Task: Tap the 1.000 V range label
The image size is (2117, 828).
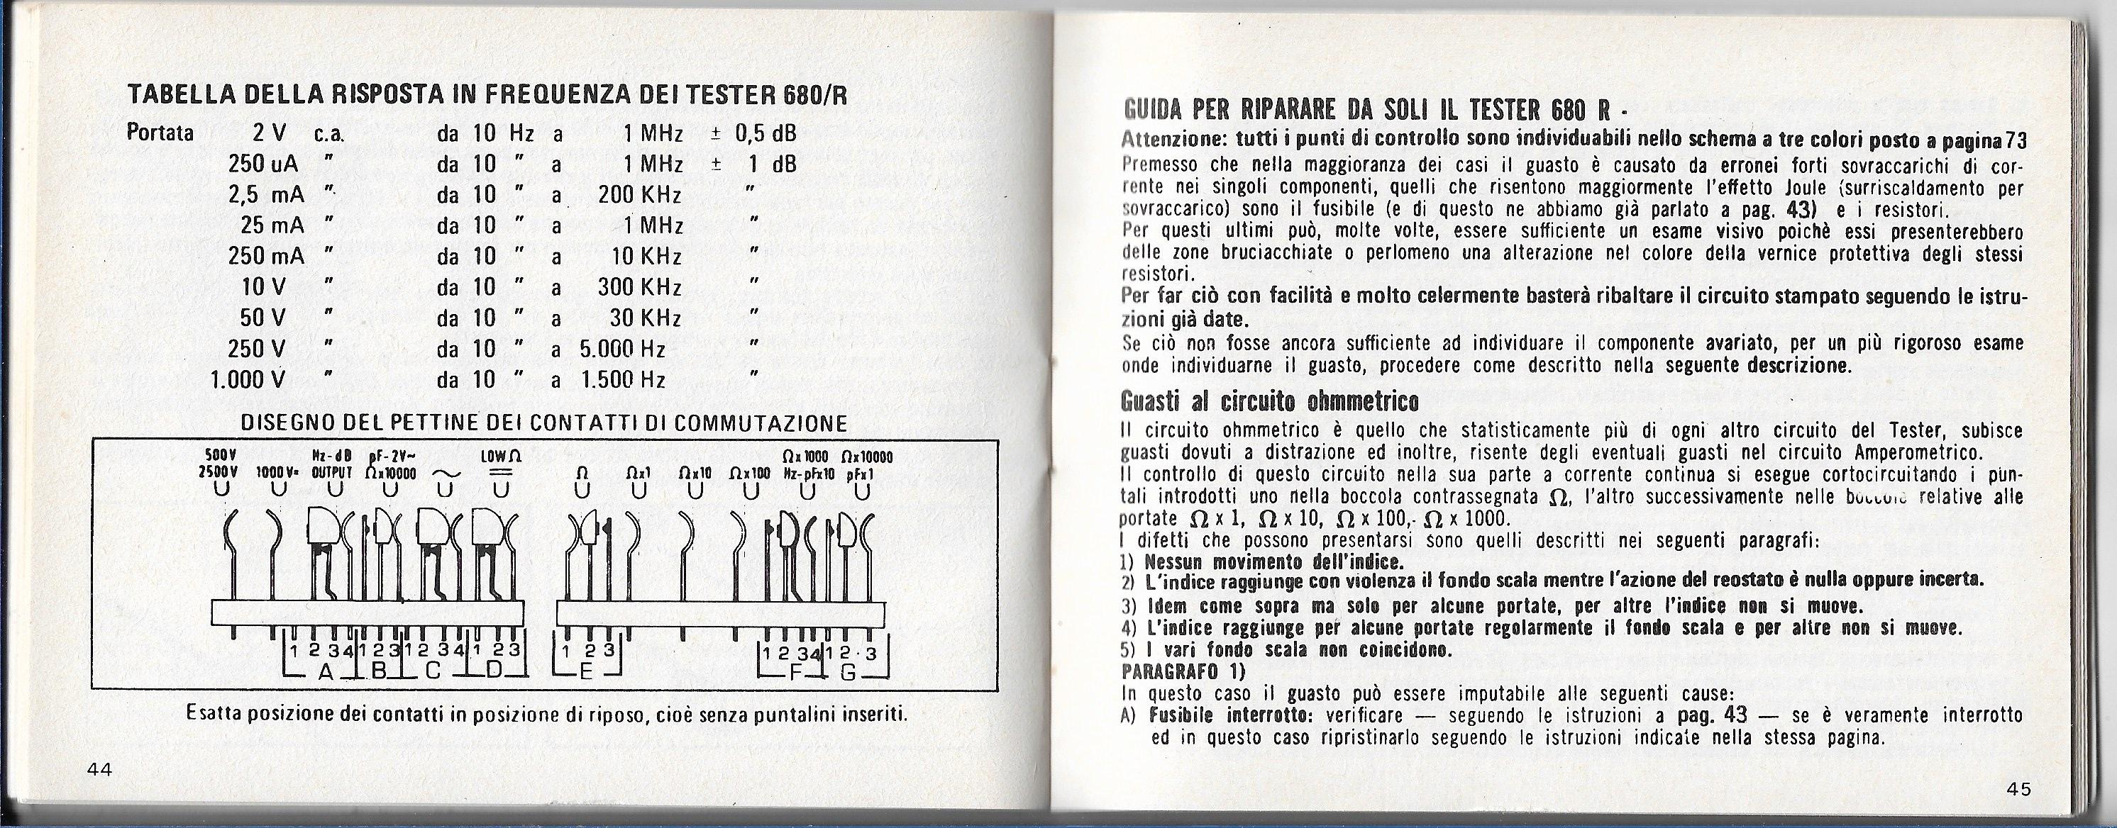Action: point(248,379)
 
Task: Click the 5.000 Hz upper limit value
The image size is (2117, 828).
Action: point(622,349)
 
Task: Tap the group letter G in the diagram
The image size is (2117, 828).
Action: point(850,673)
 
